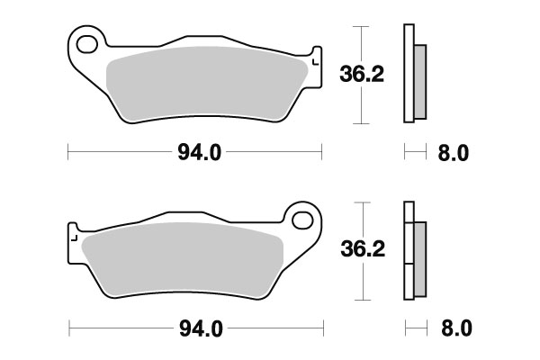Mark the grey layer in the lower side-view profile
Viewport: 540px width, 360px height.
coord(419,256)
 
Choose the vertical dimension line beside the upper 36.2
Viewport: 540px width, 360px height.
coord(361,99)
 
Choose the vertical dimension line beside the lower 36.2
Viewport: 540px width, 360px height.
coord(361,279)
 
